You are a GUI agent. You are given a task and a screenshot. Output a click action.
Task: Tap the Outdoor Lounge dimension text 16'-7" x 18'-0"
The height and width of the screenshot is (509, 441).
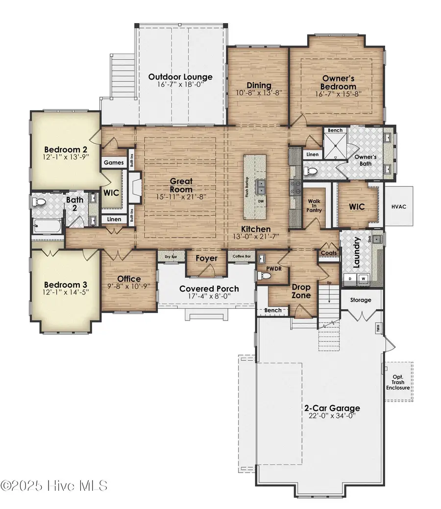[x=180, y=85]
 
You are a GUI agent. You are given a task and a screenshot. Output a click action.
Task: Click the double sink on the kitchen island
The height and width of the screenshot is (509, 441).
[x=261, y=187]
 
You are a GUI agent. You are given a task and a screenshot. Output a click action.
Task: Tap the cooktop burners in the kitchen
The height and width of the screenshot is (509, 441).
[x=295, y=187]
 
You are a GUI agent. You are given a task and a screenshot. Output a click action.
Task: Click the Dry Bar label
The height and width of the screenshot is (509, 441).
[x=171, y=257]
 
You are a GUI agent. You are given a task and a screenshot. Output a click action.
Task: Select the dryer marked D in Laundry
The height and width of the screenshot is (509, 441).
[x=349, y=278]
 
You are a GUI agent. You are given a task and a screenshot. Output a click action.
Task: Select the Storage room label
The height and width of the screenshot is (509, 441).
[x=361, y=300]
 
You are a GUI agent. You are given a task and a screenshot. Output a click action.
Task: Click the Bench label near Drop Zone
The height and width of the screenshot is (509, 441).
[x=273, y=310]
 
